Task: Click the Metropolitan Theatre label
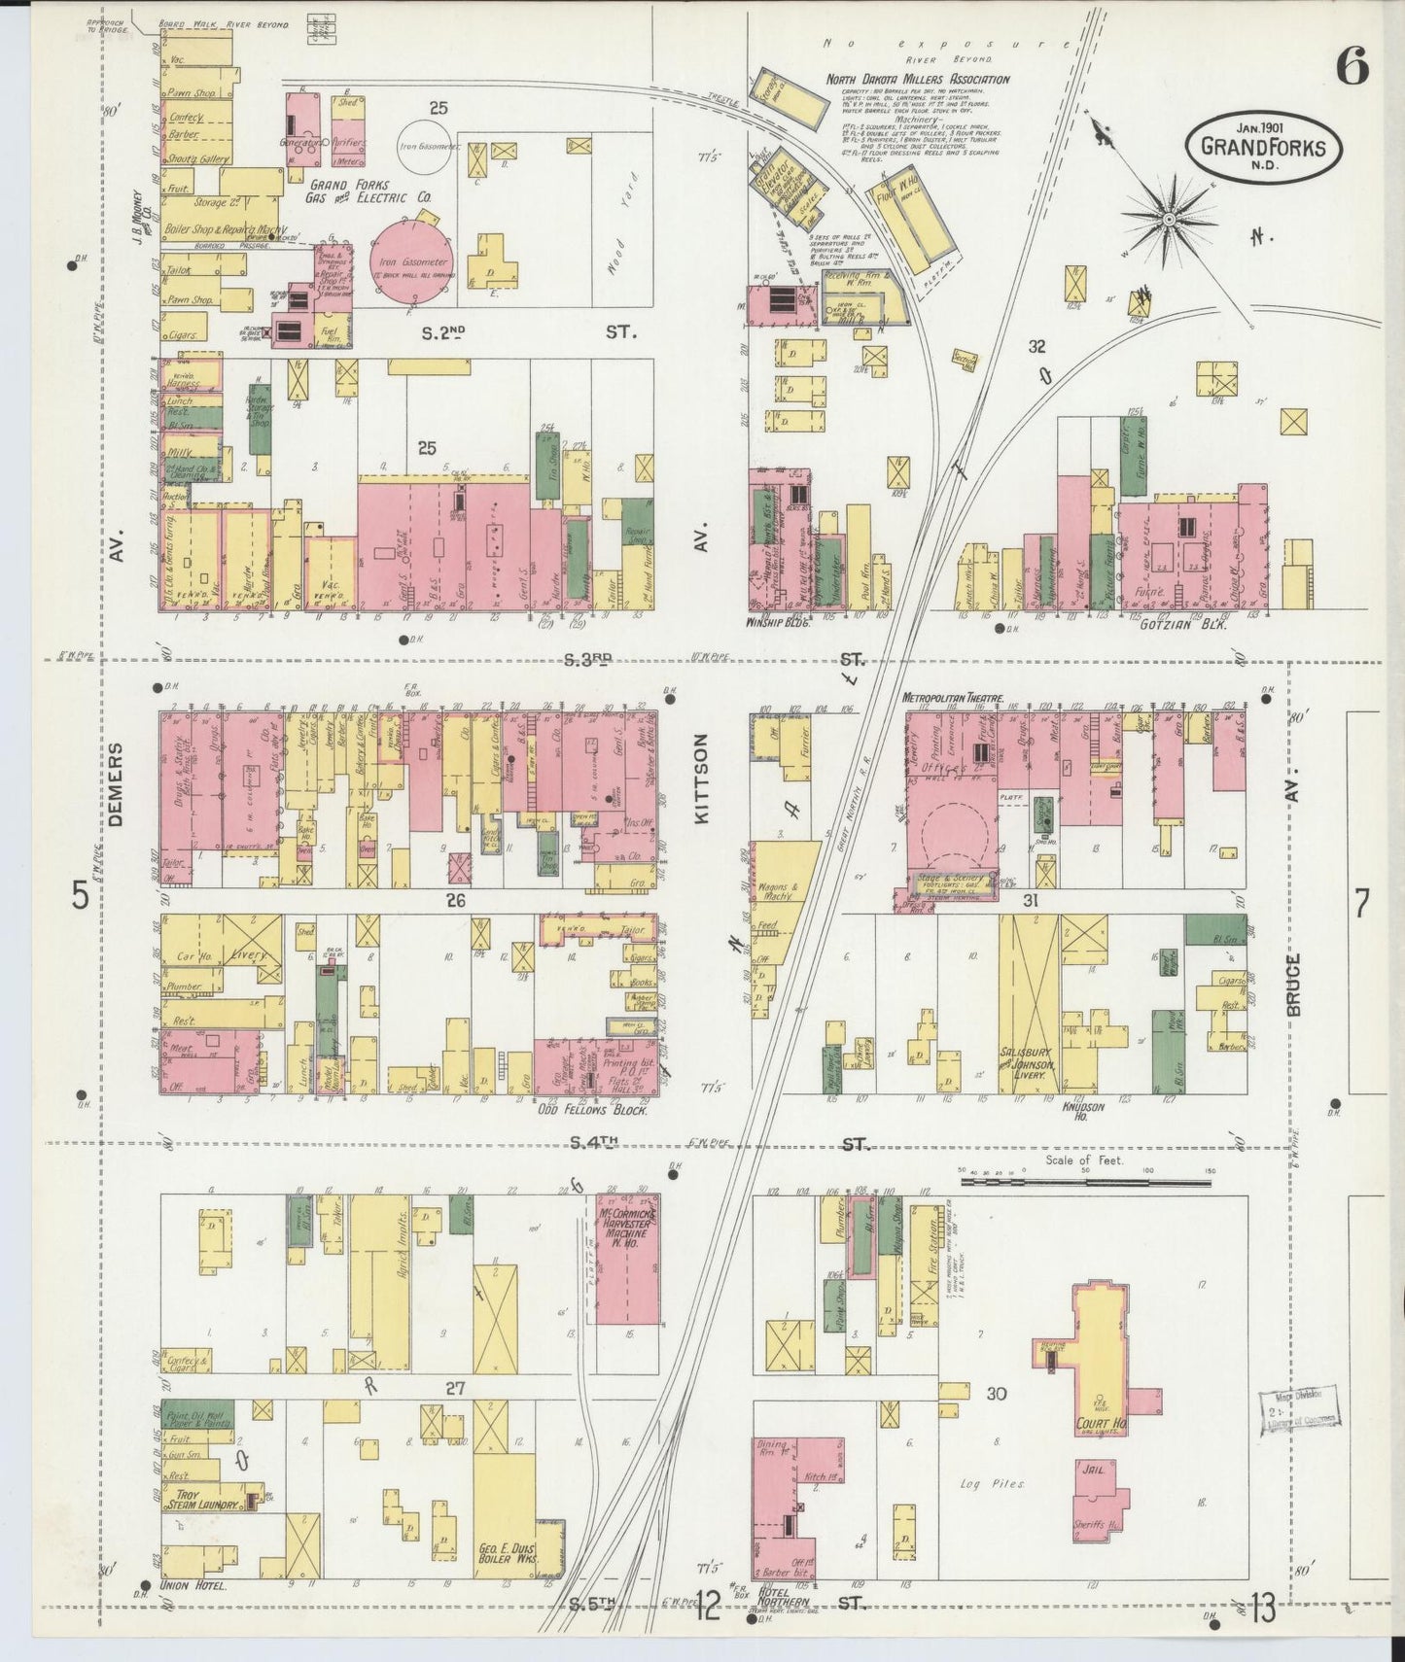953,698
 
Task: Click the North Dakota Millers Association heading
917,80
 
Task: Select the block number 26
455,900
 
